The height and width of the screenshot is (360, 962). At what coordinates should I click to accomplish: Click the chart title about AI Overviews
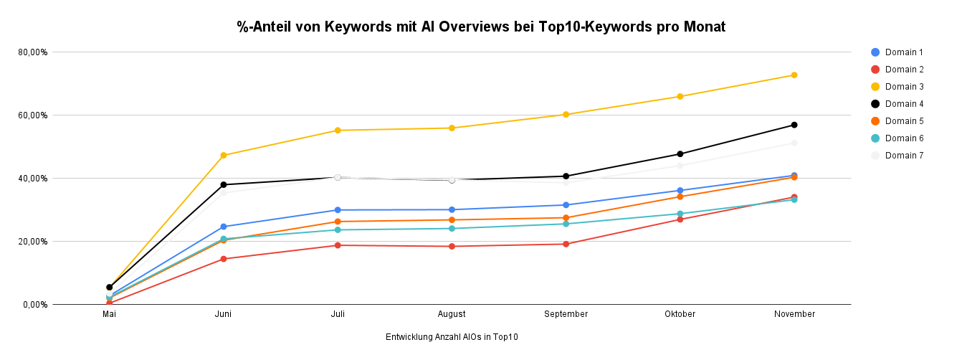[x=481, y=27]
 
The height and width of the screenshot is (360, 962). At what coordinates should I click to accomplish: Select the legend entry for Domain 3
[x=903, y=87]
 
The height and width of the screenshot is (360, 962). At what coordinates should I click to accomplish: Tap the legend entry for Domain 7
[x=903, y=156]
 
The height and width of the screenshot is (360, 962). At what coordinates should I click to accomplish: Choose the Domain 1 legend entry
[x=903, y=52]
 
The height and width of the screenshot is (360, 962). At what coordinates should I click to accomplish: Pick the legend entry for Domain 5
[x=903, y=121]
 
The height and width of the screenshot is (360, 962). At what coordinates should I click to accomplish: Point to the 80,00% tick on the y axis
[x=33, y=52]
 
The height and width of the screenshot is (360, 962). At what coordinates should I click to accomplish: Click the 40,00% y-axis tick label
[x=33, y=179]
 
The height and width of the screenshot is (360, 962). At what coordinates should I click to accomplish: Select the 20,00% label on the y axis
[x=33, y=242]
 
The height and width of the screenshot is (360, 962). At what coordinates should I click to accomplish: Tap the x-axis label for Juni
[x=224, y=314]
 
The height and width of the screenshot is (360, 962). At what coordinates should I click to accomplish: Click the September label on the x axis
[x=566, y=314]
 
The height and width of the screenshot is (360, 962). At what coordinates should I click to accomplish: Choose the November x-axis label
[x=794, y=314]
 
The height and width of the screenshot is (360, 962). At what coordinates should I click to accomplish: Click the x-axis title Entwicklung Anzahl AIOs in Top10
[x=452, y=337]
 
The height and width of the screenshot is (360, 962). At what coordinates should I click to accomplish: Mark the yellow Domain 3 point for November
[x=794, y=75]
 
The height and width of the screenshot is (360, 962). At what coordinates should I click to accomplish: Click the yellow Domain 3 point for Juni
[x=224, y=156]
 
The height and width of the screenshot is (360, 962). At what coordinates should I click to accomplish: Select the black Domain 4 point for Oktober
[x=680, y=154]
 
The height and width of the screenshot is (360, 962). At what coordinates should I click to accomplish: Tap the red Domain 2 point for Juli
[x=338, y=245]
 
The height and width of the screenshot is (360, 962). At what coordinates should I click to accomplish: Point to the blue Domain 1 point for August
[x=452, y=209]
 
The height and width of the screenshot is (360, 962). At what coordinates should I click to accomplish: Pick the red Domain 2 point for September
[x=566, y=244]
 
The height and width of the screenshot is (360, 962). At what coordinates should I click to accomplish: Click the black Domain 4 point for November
[x=794, y=125]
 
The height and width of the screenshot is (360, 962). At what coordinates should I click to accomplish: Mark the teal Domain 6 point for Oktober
[x=680, y=214]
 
